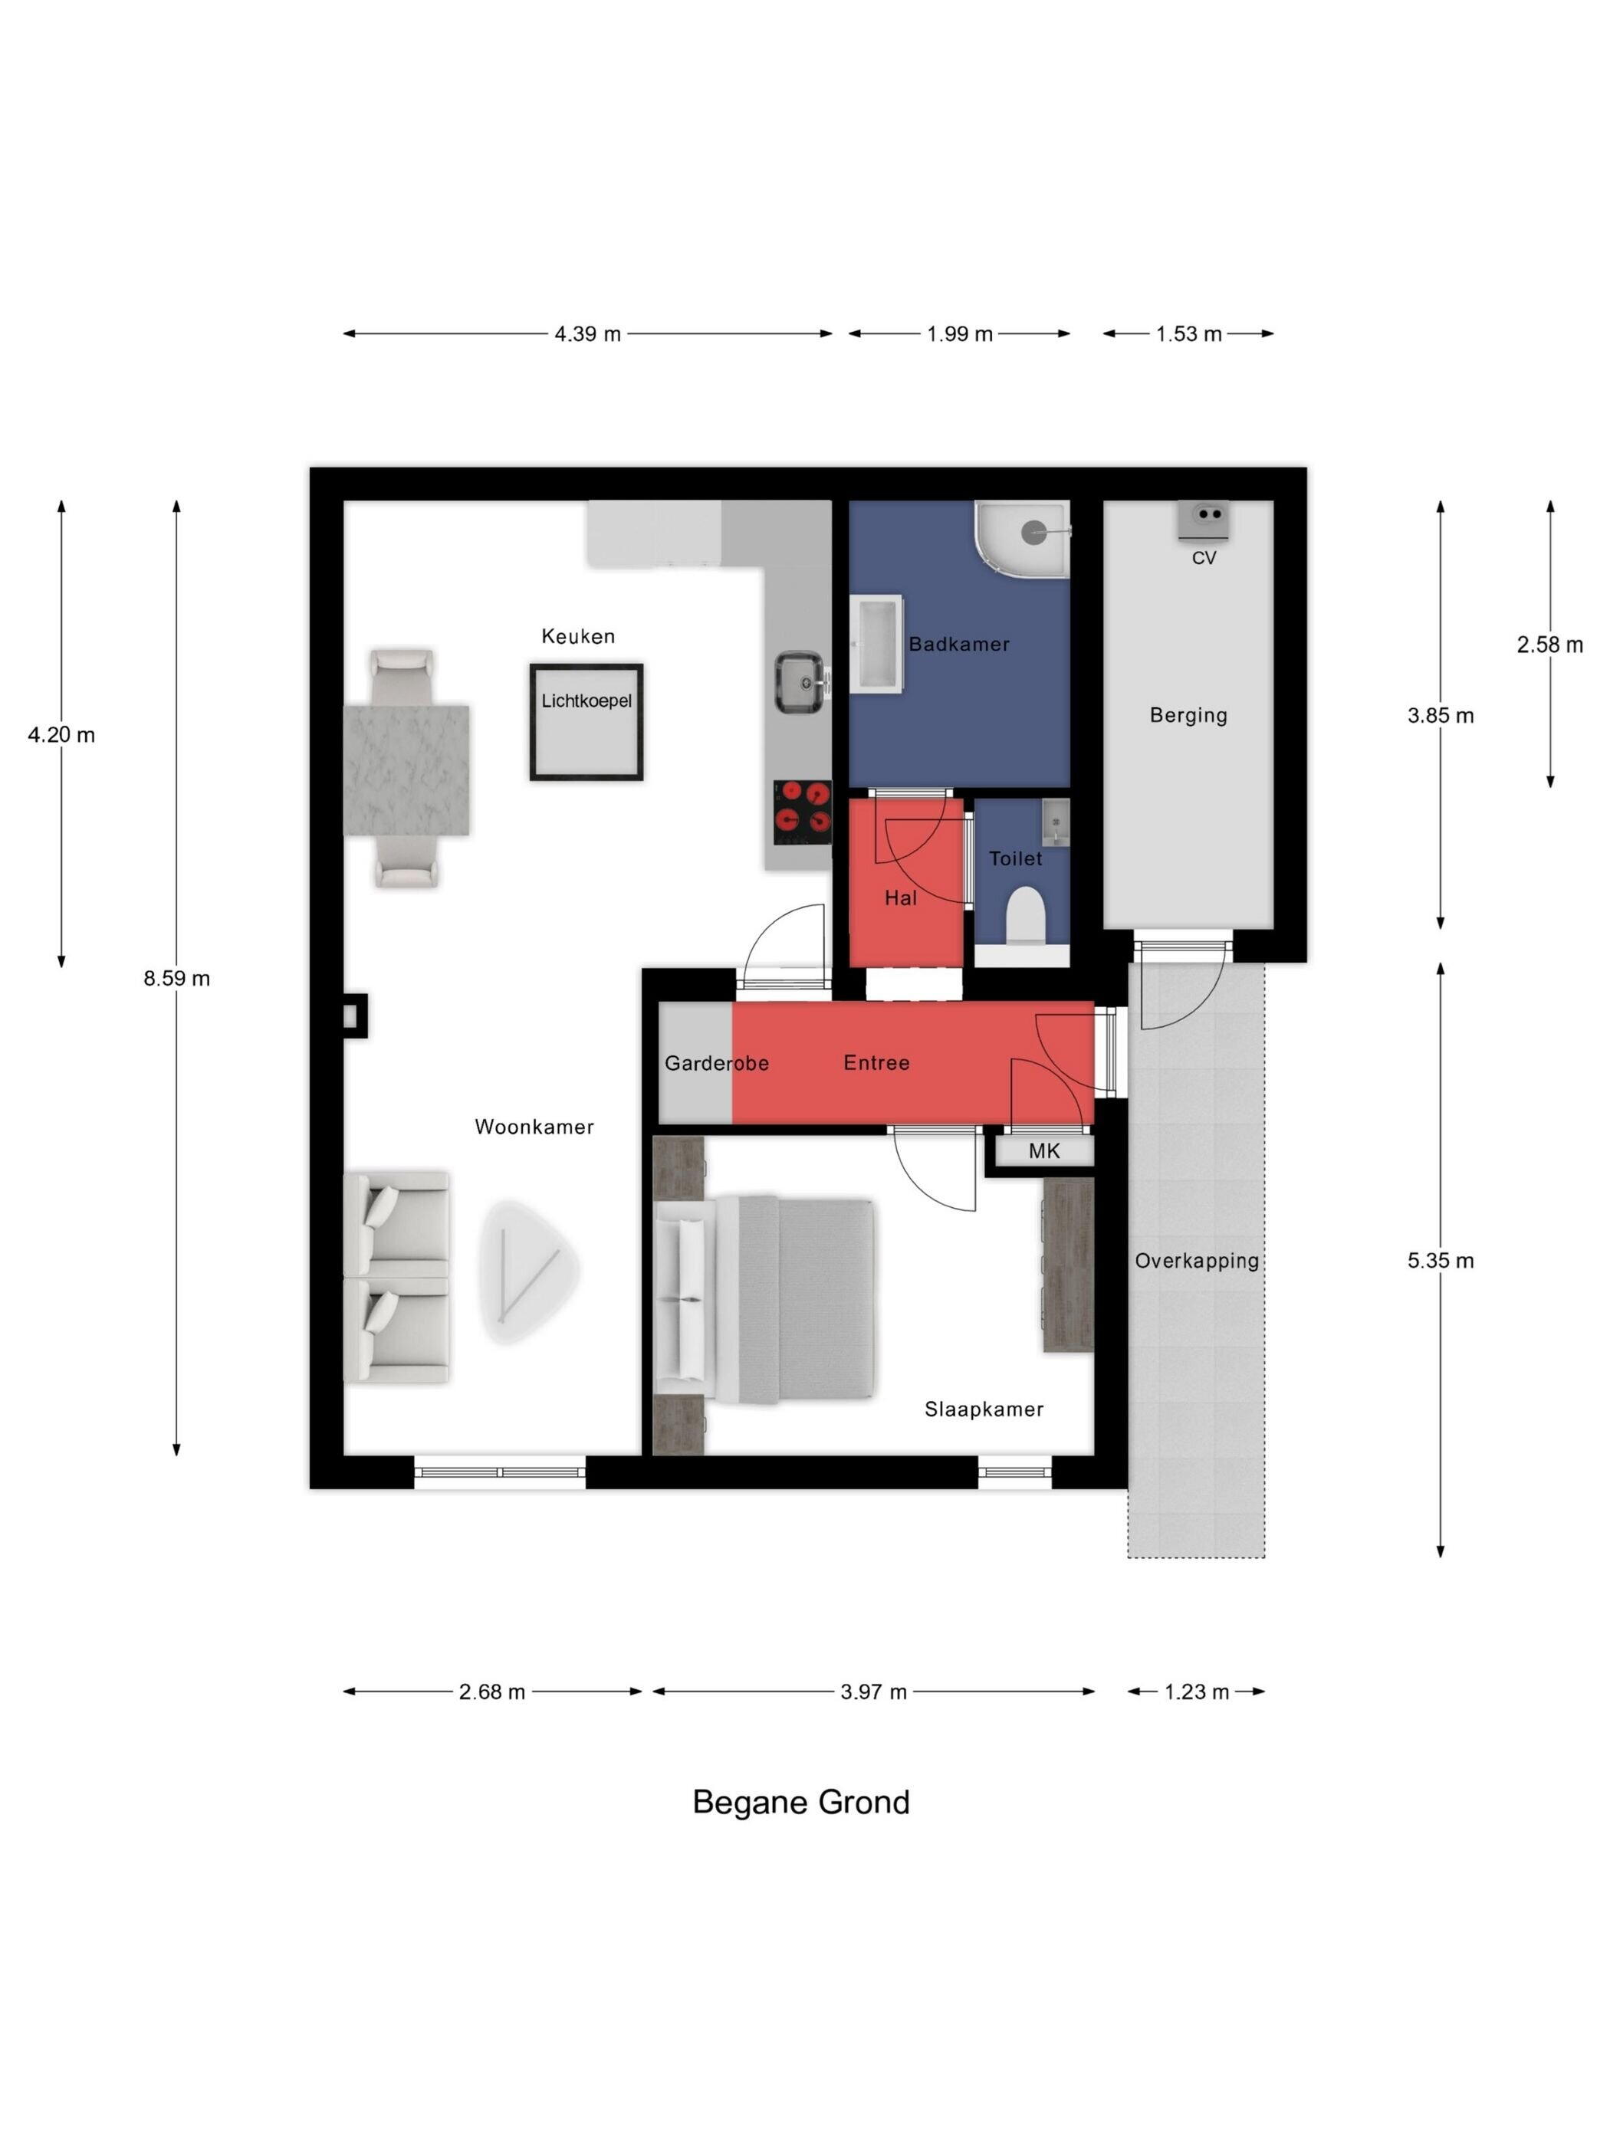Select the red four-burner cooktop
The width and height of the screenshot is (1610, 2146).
[802, 812]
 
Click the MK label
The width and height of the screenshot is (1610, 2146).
[1044, 1150]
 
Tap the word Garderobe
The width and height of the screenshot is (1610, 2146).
[716, 1063]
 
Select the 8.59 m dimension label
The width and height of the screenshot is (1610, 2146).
[176, 978]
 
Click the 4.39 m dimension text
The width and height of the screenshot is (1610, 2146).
[587, 333]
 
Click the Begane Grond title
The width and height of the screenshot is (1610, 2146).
[800, 1803]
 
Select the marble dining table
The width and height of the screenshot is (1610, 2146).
[406, 769]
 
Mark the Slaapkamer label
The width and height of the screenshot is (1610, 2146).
[983, 1409]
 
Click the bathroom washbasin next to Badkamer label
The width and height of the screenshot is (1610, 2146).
[876, 643]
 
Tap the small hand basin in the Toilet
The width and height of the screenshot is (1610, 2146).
[1055, 822]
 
